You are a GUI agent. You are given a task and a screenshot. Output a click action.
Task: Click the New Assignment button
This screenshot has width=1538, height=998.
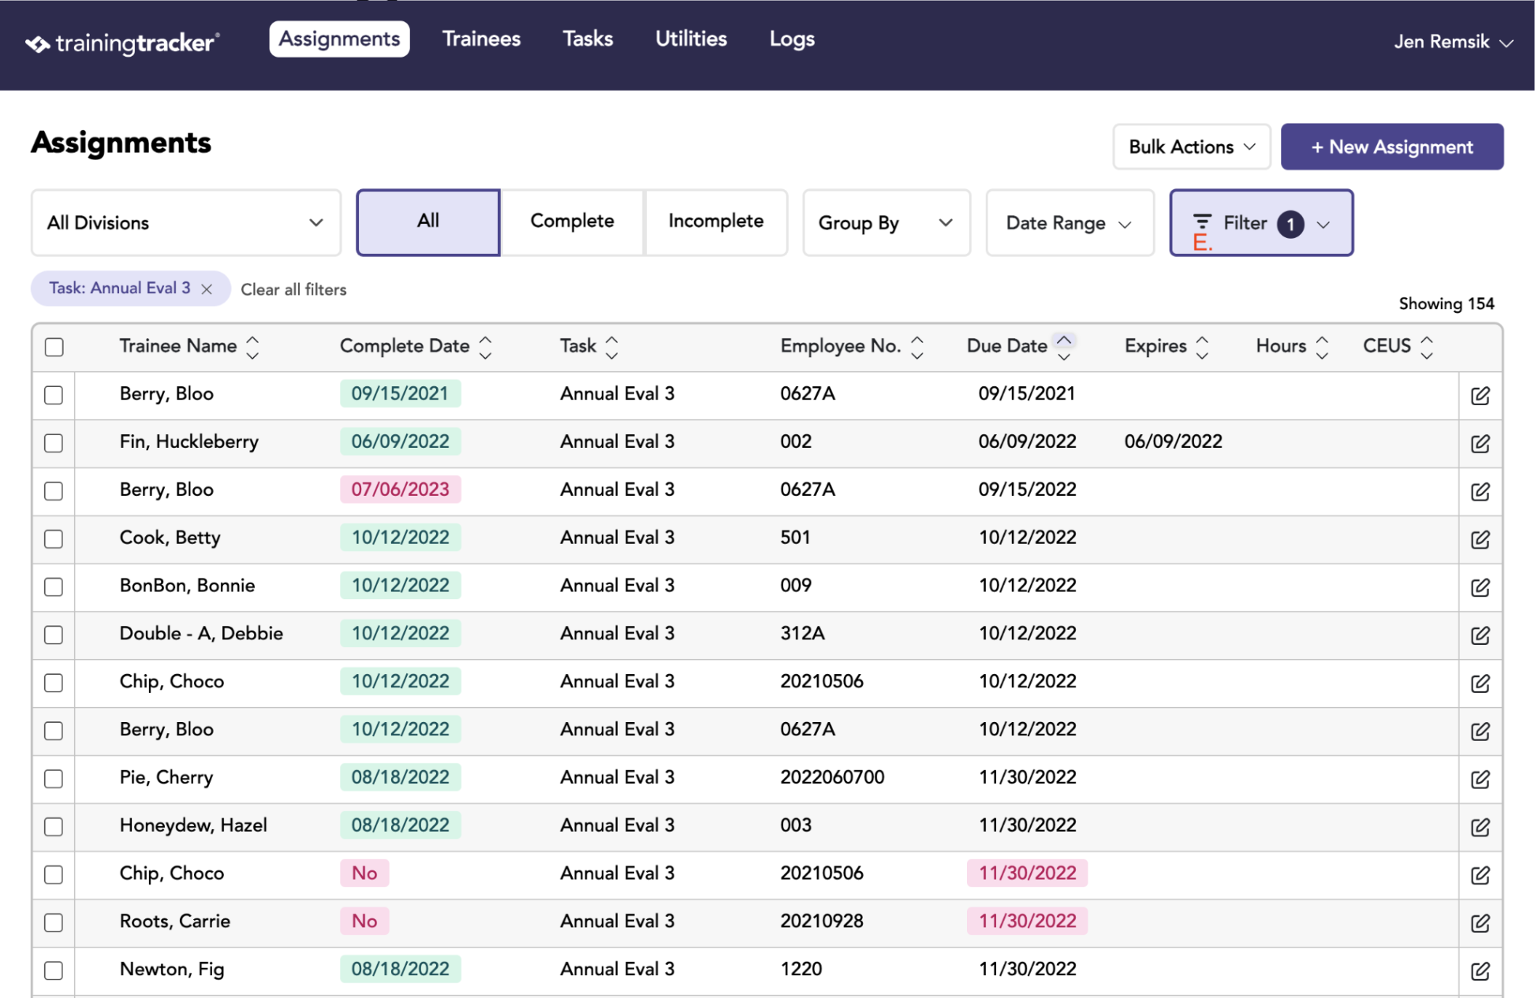coord(1392,147)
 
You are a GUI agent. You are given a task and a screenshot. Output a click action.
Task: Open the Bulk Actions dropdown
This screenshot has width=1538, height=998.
coord(1192,147)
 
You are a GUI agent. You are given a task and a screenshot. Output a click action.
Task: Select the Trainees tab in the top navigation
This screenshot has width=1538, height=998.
coord(481,39)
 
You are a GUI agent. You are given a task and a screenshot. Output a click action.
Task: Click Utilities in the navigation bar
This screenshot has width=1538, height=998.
coord(691,39)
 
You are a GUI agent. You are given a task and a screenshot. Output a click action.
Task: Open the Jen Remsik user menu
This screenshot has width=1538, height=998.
coord(1453,42)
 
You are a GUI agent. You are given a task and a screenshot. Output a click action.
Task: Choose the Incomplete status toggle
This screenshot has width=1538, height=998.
coord(716,222)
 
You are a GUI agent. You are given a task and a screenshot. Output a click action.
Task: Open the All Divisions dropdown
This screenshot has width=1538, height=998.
coord(186,222)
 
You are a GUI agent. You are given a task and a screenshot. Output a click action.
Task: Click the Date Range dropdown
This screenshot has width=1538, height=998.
coord(1070,223)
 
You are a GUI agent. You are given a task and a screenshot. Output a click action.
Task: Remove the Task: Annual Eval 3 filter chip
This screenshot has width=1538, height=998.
coord(207,289)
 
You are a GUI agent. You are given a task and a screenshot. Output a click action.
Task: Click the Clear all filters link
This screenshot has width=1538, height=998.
coord(293,289)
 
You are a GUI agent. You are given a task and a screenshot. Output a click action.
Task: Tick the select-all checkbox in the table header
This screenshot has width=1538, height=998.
coord(54,347)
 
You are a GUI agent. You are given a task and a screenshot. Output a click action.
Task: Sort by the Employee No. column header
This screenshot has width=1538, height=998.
coord(840,346)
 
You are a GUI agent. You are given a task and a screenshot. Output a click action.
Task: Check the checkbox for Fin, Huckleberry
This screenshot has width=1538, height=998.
coord(54,443)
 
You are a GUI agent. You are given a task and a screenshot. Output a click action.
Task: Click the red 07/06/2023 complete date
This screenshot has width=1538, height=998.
coord(400,490)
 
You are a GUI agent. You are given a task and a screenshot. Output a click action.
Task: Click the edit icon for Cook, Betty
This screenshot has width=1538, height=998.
coord(1480,539)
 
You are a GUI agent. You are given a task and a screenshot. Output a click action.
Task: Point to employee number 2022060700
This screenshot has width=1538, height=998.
coord(832,777)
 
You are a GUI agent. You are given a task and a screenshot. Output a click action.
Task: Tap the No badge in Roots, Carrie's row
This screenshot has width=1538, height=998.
coord(364,921)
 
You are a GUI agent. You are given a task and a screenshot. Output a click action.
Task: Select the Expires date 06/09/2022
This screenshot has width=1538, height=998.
coord(1173,441)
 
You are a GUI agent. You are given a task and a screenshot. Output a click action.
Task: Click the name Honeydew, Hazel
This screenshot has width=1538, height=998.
coord(193,825)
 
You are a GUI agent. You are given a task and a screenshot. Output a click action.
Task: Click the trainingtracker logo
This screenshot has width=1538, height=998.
coord(122,43)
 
